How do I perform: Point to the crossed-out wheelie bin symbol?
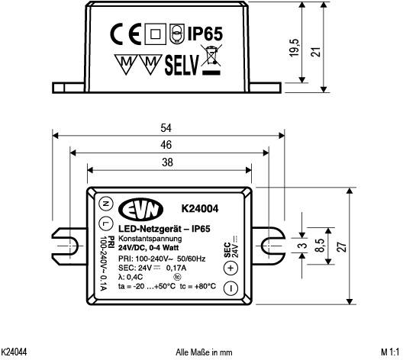[x=211, y=62]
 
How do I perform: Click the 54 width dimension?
[x=167, y=127]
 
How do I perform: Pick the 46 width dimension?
[x=167, y=144]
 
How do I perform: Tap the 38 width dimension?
[x=167, y=162]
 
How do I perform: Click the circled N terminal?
[x=105, y=203]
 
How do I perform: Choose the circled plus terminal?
[x=231, y=268]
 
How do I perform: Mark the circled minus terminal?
[x=231, y=289]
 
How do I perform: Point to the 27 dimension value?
[x=341, y=246]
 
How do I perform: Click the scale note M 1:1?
[x=389, y=352]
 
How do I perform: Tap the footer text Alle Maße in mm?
[x=204, y=352]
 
